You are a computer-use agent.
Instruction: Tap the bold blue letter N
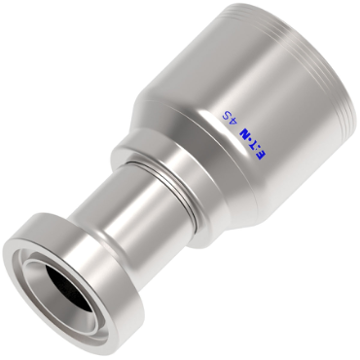245,133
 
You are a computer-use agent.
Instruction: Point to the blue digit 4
234,122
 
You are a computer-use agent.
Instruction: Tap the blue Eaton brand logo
253,143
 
